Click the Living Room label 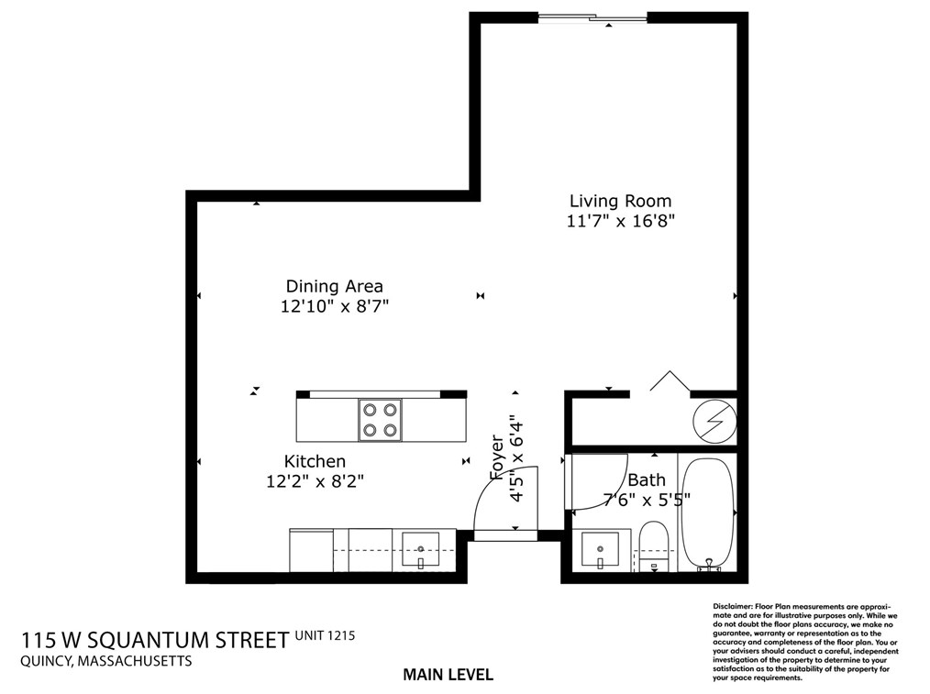pos(620,201)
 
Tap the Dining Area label pos(334,286)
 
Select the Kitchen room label pos(315,461)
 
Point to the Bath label pos(647,479)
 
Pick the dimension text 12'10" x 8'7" pos(335,307)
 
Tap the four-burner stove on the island pos(380,419)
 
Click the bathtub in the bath pos(707,513)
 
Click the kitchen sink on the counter pos(422,549)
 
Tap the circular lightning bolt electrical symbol pos(713,421)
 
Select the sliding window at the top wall pos(592,17)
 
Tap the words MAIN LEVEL pos(448,675)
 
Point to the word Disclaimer pos(732,607)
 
